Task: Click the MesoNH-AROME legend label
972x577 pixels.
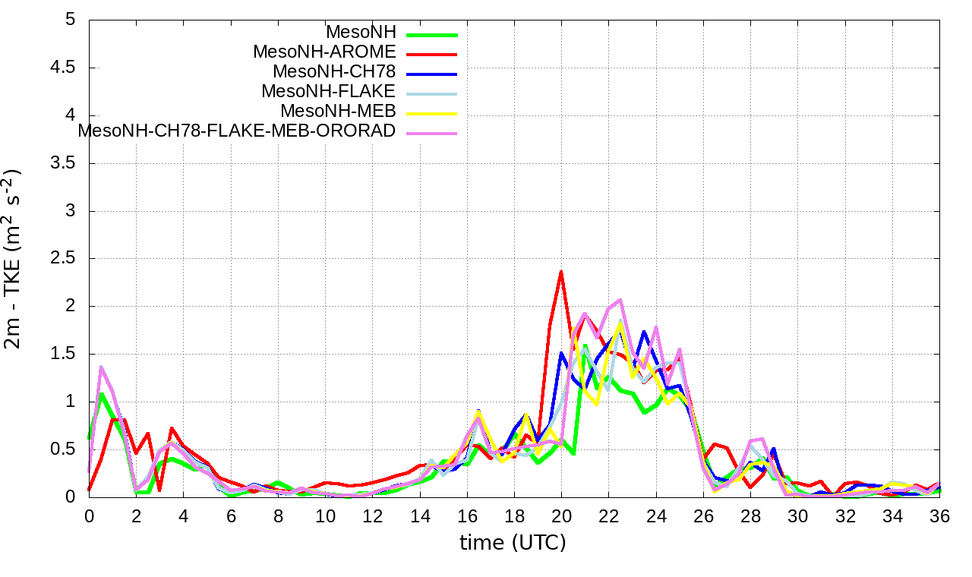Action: click(324, 52)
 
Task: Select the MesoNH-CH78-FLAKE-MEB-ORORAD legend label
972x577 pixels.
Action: click(237, 131)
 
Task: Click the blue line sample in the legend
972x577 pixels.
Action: click(432, 74)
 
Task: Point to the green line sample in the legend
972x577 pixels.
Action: click(432, 34)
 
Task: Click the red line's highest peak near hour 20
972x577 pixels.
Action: click(561, 272)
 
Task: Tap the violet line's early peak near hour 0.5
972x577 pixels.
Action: click(101, 367)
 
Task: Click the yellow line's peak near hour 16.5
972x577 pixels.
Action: click(478, 412)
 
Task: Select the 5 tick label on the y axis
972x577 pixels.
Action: click(71, 20)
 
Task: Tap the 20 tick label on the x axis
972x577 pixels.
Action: click(561, 516)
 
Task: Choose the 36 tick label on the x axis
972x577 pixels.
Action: click(939, 516)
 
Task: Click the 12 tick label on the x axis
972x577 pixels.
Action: click(372, 516)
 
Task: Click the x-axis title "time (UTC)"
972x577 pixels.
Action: click(513, 543)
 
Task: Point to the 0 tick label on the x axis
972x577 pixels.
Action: click(89, 516)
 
